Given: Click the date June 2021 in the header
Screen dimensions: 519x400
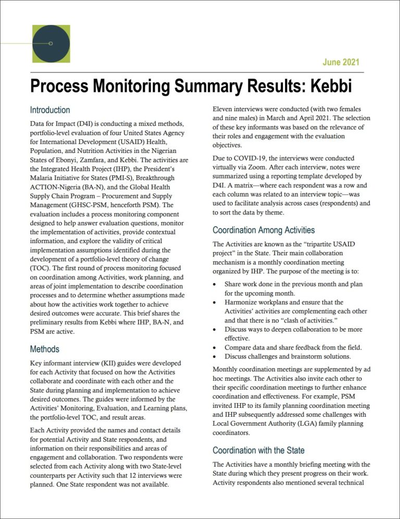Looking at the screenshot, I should (x=341, y=62).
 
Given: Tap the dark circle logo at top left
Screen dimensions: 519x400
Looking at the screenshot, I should (x=51, y=43).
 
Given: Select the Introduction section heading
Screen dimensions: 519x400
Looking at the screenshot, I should (x=50, y=110).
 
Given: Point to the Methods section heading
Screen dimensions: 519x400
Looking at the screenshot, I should (x=45, y=349).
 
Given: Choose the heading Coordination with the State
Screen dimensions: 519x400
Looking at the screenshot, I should (x=259, y=450).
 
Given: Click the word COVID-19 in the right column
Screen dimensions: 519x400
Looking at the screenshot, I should (x=241, y=158).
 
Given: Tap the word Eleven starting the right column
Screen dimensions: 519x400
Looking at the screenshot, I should (x=224, y=110).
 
